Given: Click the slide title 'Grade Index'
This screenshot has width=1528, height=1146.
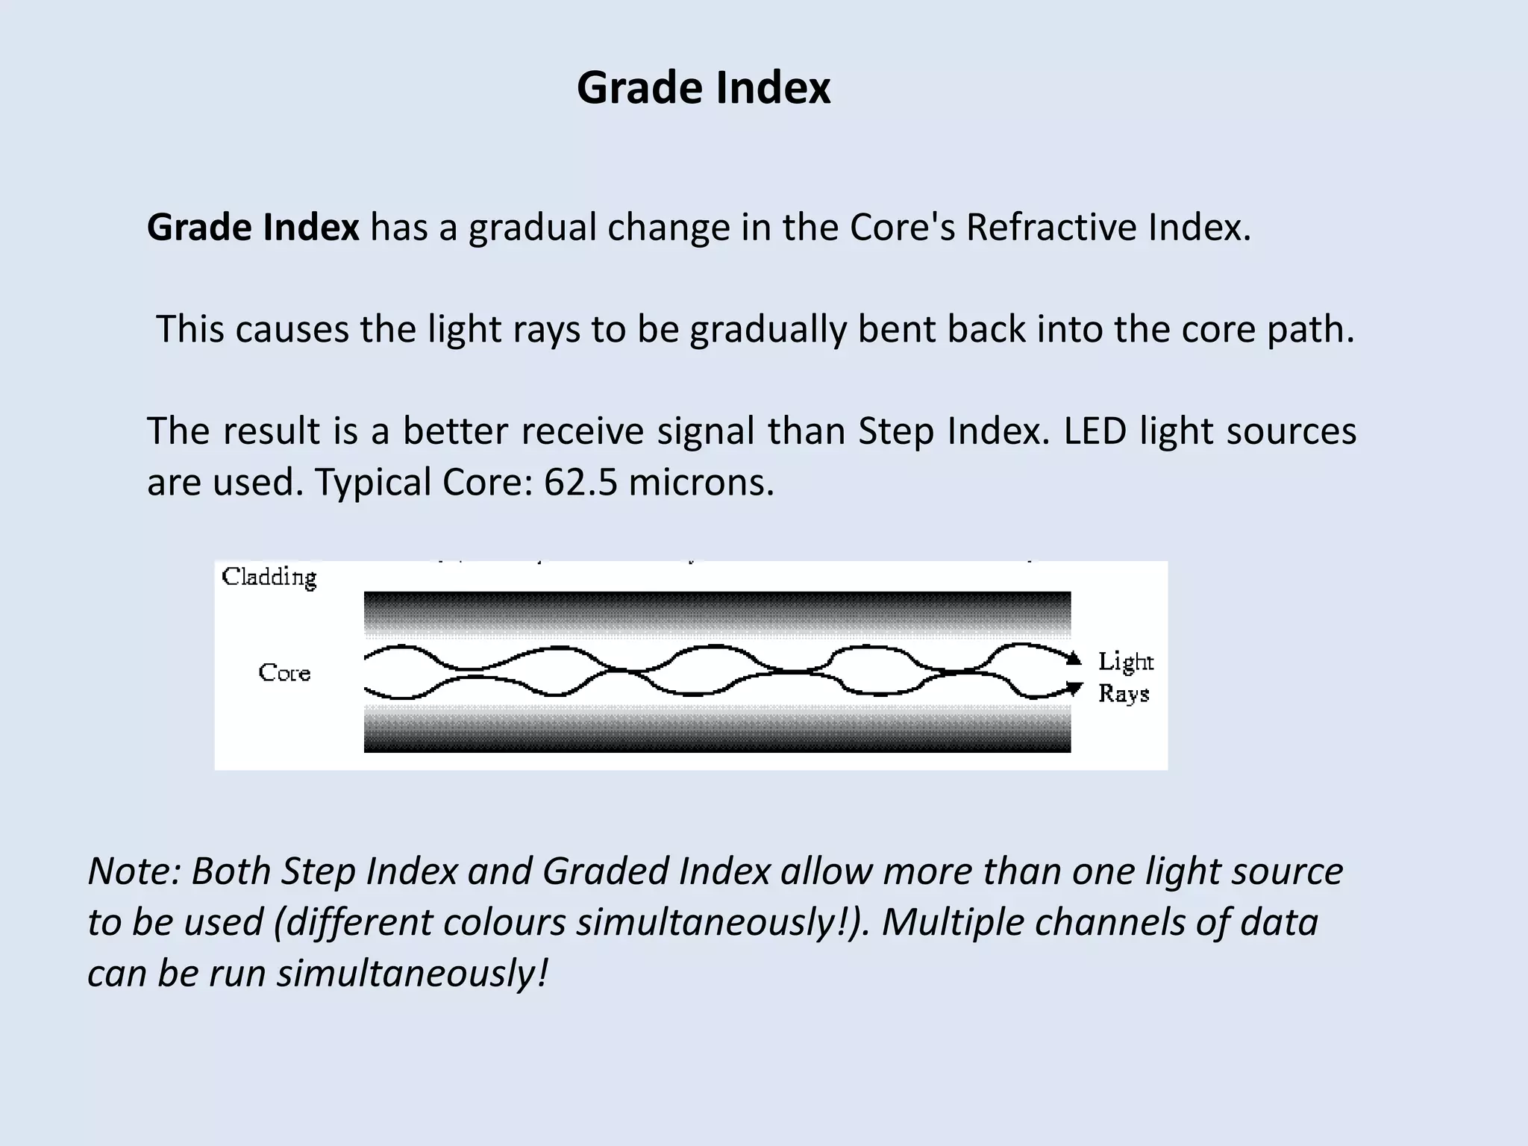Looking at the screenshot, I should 703,88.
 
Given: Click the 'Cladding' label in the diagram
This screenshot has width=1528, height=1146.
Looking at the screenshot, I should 269,577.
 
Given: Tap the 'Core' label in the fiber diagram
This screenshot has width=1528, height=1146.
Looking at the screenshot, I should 284,672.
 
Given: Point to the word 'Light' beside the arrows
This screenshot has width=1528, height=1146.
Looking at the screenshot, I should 1125,662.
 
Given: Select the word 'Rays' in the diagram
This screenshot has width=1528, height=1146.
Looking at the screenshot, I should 1123,694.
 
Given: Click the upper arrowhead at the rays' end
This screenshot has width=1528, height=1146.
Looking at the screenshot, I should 1074,659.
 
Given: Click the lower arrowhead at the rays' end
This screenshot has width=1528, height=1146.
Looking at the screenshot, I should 1074,687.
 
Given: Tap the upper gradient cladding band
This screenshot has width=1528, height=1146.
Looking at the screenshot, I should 716,613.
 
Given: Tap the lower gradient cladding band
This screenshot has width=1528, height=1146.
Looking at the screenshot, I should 716,729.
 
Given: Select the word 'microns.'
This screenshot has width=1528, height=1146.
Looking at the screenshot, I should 701,482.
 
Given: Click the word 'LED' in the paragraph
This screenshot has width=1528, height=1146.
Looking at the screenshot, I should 1095,431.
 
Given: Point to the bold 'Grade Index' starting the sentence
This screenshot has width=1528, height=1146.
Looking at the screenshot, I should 253,227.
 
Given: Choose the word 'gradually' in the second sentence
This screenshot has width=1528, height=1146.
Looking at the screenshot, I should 768,330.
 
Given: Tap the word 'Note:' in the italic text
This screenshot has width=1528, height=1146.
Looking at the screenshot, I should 134,871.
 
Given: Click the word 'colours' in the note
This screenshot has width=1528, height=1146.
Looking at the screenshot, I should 504,922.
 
